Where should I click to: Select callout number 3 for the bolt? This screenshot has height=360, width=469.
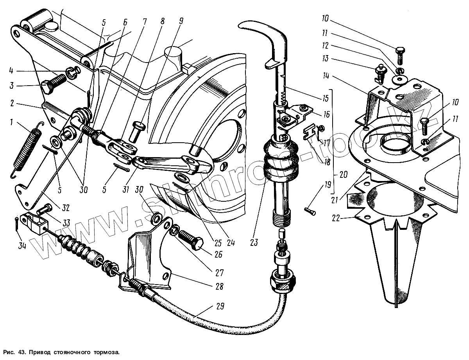click(x=12, y=86)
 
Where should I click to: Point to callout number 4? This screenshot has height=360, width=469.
click(x=12, y=71)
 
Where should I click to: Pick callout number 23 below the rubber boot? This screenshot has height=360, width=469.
click(x=254, y=242)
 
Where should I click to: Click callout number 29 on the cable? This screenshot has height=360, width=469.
click(x=220, y=306)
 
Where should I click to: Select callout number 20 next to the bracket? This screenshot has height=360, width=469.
click(x=344, y=175)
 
